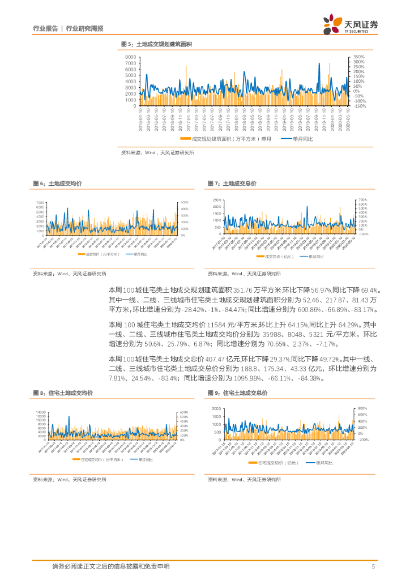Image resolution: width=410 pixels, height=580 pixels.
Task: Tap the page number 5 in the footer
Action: pos(373,566)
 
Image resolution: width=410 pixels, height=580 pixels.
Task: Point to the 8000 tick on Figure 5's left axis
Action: pos(130,58)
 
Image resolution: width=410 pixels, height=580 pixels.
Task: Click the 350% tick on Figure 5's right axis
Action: pos(359,57)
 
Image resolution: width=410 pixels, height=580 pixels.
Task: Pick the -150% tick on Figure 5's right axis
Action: pos(360,106)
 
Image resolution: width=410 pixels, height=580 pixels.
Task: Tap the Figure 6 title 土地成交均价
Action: pos(65,184)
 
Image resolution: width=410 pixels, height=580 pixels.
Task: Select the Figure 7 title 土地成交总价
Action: pos(240,184)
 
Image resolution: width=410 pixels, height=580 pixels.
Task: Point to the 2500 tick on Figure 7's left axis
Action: pos(217,201)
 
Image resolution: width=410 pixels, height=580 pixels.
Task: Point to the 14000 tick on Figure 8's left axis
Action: pos(41,412)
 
